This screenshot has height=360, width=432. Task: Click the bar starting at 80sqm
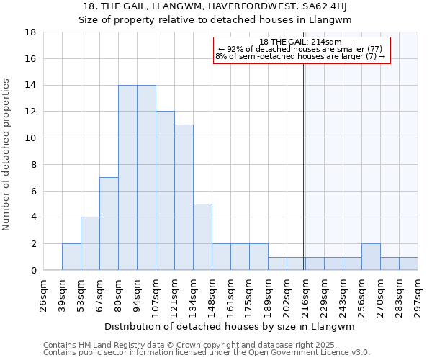pos(127,178)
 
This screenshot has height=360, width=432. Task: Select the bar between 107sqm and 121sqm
pos(165,191)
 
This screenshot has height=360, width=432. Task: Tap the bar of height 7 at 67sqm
pos(109,224)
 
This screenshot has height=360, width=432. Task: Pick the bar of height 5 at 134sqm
pos(202,237)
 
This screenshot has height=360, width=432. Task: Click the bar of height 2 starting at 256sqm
pos(371,257)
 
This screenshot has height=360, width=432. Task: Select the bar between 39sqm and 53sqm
pos(71,257)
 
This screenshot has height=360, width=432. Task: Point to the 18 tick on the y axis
pos(32,32)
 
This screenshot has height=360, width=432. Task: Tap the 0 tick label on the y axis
pos(34,271)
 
